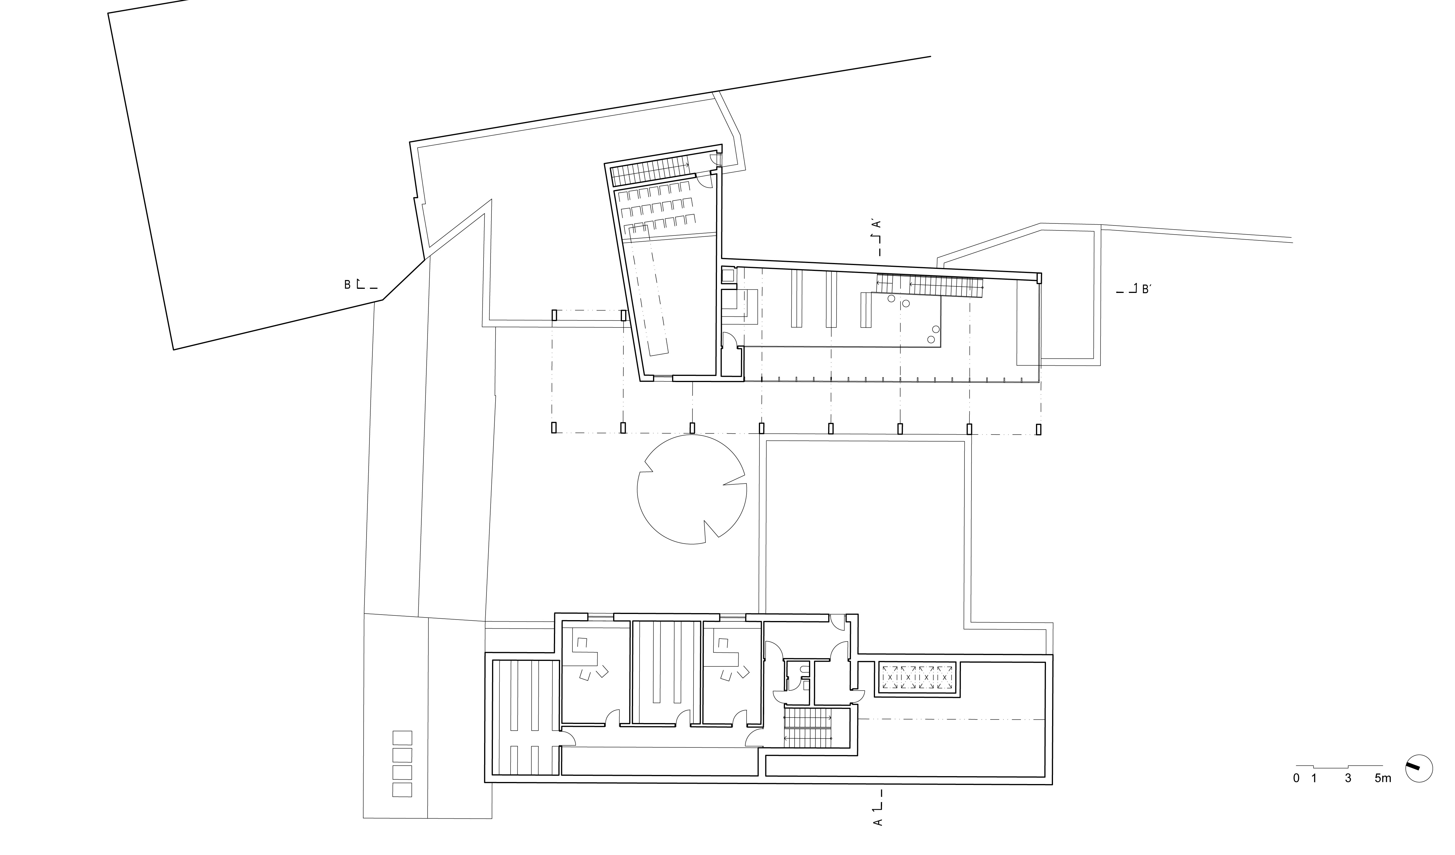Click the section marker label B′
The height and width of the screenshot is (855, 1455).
pos(1147,289)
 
